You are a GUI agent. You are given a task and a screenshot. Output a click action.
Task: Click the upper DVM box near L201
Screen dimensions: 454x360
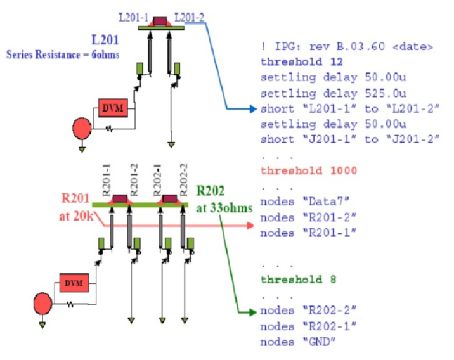click(x=113, y=108)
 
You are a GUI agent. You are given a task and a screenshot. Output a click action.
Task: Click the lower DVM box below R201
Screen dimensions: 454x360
click(x=74, y=283)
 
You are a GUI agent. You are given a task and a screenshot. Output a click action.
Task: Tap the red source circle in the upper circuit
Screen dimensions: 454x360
click(x=82, y=128)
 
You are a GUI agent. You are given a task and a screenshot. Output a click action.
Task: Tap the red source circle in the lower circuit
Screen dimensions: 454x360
click(x=43, y=303)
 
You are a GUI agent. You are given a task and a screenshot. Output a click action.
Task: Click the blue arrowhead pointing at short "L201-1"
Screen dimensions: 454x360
click(x=253, y=109)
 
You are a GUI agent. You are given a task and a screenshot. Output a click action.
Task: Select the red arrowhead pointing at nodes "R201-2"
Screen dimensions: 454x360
click(x=250, y=226)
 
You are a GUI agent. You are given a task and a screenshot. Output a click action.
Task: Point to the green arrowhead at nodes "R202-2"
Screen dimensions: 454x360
click(x=252, y=312)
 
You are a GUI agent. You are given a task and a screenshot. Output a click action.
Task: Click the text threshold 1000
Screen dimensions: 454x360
click(x=309, y=170)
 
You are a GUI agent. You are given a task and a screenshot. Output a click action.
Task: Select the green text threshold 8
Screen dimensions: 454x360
click(x=298, y=280)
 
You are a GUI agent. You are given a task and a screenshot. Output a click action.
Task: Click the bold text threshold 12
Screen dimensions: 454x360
click(x=301, y=61)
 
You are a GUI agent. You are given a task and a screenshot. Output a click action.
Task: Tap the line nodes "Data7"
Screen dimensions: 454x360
click(x=304, y=202)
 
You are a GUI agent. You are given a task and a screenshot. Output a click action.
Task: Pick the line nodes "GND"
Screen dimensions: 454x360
click(x=297, y=342)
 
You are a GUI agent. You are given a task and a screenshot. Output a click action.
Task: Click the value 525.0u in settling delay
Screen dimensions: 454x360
click(x=386, y=93)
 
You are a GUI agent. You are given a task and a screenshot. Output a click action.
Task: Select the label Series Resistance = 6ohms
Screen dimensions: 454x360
click(x=63, y=55)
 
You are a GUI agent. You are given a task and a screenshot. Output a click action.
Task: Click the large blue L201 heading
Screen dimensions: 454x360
click(x=105, y=40)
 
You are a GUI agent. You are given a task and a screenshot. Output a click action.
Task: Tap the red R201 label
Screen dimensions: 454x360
click(x=75, y=198)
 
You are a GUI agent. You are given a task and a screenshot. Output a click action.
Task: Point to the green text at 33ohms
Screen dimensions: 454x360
click(x=224, y=208)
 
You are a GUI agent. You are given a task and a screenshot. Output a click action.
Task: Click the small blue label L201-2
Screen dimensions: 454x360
click(x=190, y=17)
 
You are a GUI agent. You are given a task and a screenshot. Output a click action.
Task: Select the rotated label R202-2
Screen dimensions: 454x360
click(x=184, y=180)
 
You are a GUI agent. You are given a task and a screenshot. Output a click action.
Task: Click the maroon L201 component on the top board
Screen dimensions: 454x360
click(x=160, y=21)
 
